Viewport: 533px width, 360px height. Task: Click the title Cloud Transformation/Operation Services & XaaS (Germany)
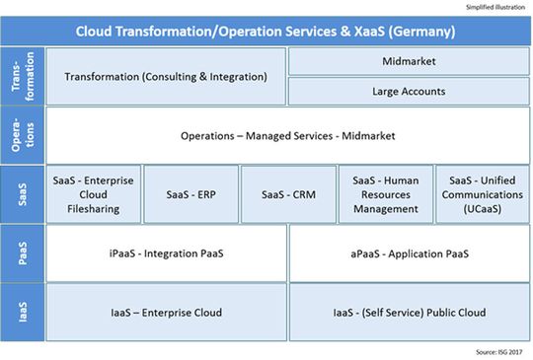(x=266, y=31)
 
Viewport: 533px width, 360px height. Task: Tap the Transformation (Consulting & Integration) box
(x=165, y=76)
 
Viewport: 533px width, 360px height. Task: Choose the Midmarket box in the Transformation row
(x=409, y=61)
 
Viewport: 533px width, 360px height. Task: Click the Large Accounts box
(x=409, y=92)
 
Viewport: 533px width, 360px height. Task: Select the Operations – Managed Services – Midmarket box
(x=286, y=135)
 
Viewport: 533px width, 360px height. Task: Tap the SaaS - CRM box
(x=287, y=193)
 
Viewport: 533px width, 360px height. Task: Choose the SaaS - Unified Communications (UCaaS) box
(x=481, y=193)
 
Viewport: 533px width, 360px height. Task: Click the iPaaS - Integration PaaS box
(x=166, y=253)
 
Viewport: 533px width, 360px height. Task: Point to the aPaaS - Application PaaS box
(x=409, y=253)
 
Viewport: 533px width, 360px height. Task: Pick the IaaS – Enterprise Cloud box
(x=166, y=313)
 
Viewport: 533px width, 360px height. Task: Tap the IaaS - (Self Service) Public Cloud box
(x=409, y=313)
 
